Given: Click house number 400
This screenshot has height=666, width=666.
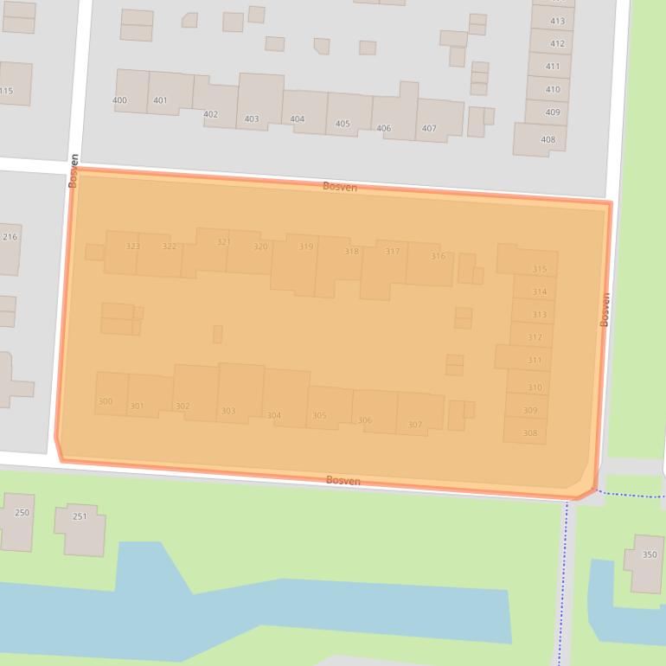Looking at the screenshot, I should point(119,100).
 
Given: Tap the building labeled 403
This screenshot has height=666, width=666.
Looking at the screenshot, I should point(252,118).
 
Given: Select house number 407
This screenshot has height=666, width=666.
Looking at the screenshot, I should point(429,129).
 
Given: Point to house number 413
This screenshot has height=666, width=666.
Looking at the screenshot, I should point(557,22).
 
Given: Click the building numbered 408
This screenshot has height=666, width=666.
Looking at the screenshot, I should point(548,139).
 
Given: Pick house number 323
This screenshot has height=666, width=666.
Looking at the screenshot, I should point(132,247).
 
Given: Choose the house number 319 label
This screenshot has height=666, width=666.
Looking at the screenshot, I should point(306,247).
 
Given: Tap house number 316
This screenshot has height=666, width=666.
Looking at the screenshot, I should point(438,256).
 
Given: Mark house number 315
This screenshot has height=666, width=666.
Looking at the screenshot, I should point(540,270).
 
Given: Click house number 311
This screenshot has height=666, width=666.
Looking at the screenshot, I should point(535,361).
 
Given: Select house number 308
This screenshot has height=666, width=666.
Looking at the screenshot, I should point(530,433).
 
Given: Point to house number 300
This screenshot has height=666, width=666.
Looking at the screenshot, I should point(106,401).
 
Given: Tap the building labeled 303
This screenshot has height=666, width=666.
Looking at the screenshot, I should point(228,411).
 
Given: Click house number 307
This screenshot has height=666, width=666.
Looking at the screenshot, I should point(415,425).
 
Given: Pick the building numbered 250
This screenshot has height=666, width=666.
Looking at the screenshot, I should point(22,513).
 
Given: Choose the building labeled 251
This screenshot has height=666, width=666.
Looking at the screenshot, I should point(80,517).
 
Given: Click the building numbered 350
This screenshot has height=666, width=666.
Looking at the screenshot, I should point(650,555).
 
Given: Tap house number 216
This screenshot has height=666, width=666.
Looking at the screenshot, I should point(10,237).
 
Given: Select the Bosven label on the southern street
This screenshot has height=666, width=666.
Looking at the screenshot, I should point(343,481).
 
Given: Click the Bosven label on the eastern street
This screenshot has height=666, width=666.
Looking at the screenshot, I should point(605,309).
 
